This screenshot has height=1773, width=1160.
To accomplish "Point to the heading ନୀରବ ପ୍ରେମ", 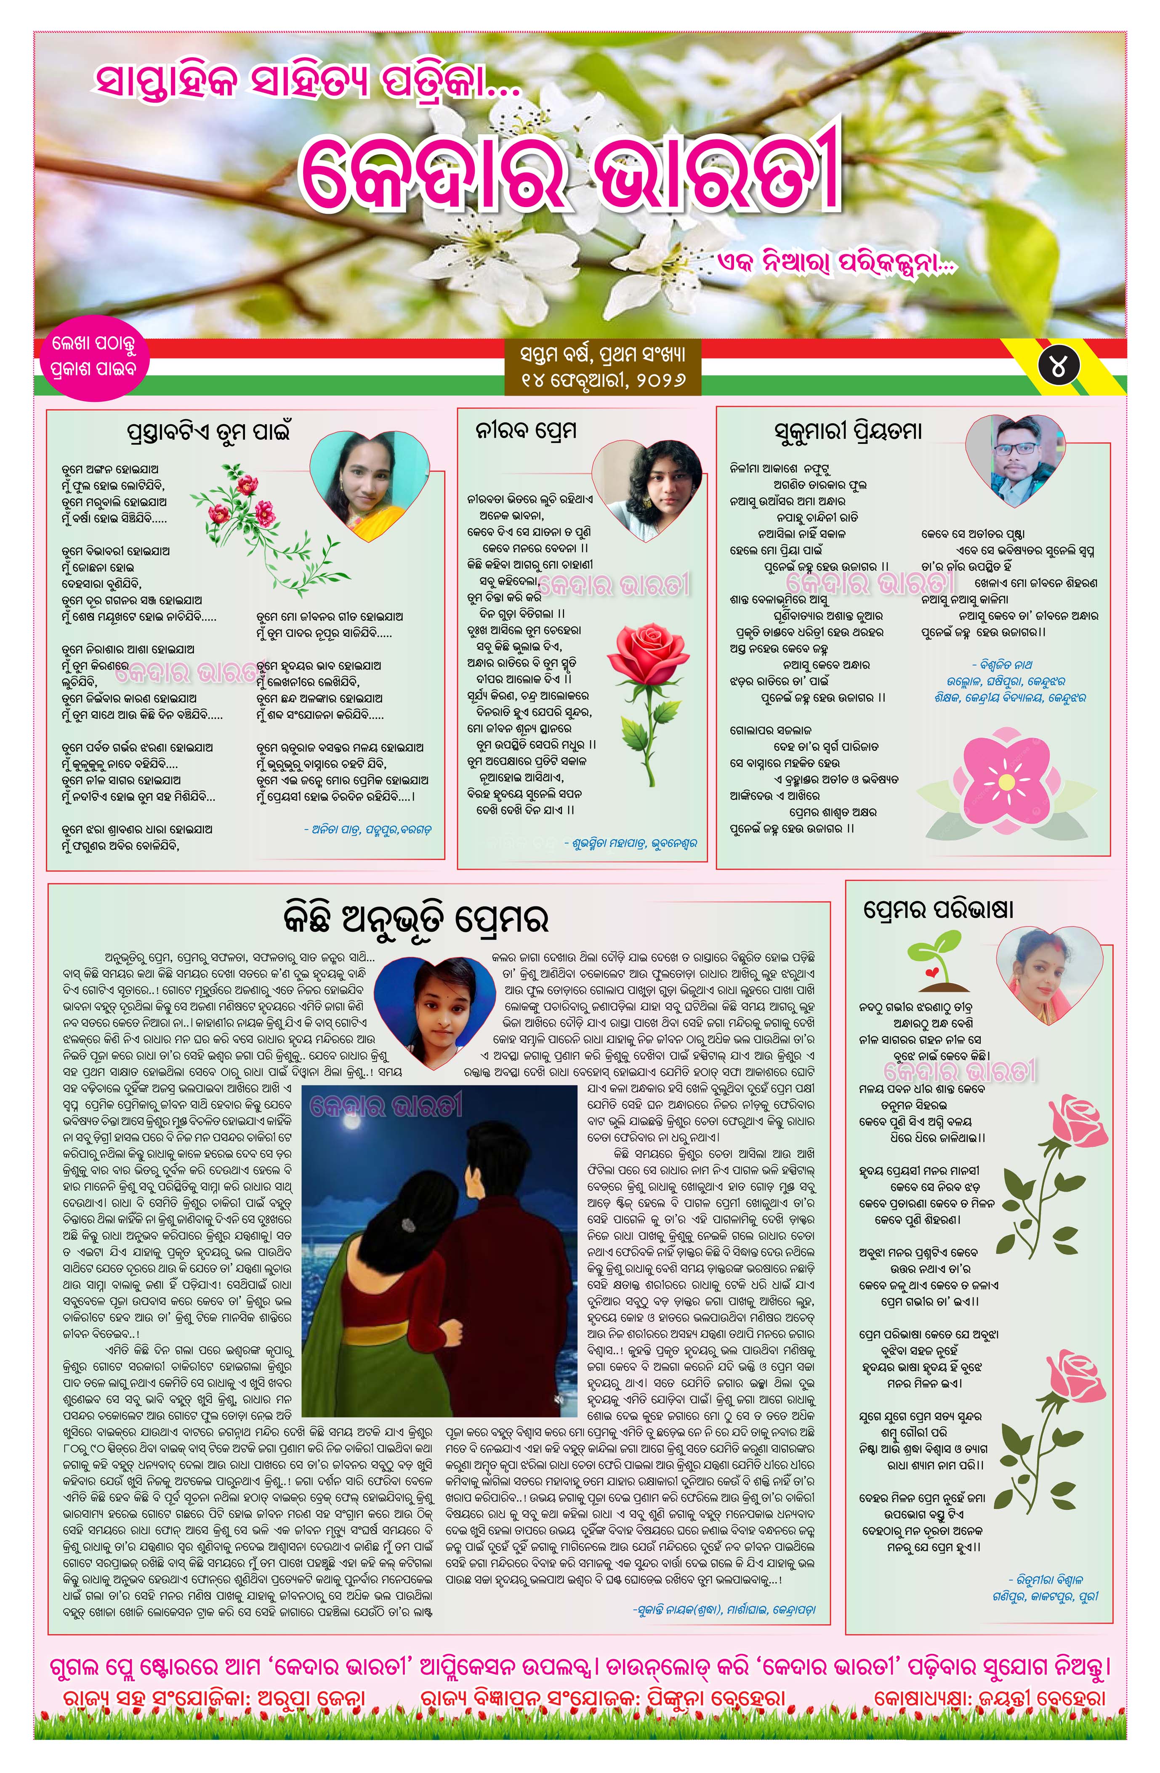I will tap(526, 431).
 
